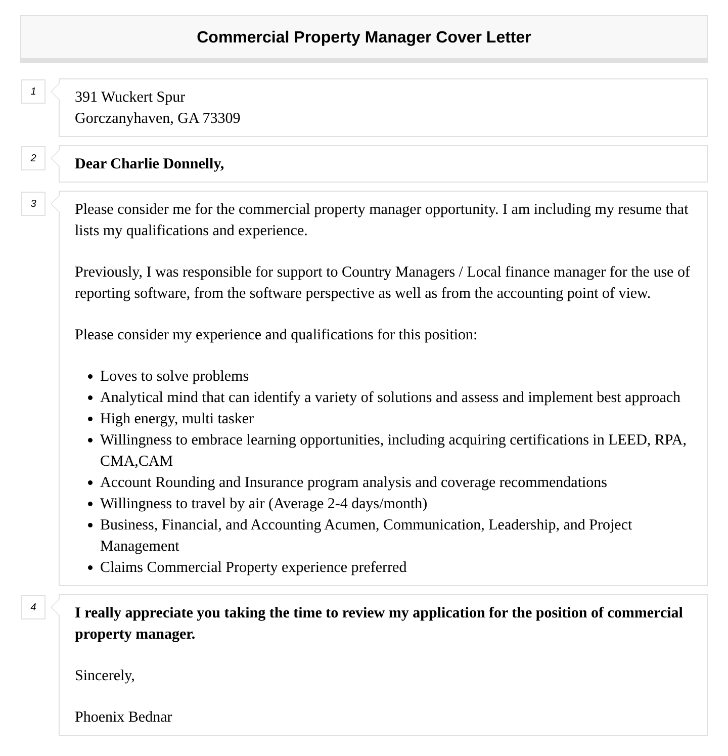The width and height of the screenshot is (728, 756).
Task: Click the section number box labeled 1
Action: (x=33, y=92)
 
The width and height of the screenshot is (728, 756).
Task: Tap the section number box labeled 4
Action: (x=33, y=607)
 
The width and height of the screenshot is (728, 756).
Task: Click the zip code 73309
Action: (x=221, y=118)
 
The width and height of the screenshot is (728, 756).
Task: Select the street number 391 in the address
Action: (x=86, y=97)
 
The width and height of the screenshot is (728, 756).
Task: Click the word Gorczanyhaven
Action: (x=123, y=118)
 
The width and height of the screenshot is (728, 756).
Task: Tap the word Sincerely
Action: (x=104, y=676)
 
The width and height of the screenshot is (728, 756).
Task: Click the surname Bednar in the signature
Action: (x=150, y=717)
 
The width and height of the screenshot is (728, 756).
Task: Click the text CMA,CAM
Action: (x=136, y=461)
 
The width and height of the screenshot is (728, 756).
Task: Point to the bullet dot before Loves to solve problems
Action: (x=90, y=377)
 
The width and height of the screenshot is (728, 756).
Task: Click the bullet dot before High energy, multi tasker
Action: (x=90, y=419)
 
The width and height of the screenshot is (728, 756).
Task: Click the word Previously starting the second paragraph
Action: (x=108, y=272)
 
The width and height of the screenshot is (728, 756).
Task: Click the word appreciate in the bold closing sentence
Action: (x=159, y=613)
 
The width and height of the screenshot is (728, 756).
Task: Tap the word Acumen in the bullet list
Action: (x=351, y=525)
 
